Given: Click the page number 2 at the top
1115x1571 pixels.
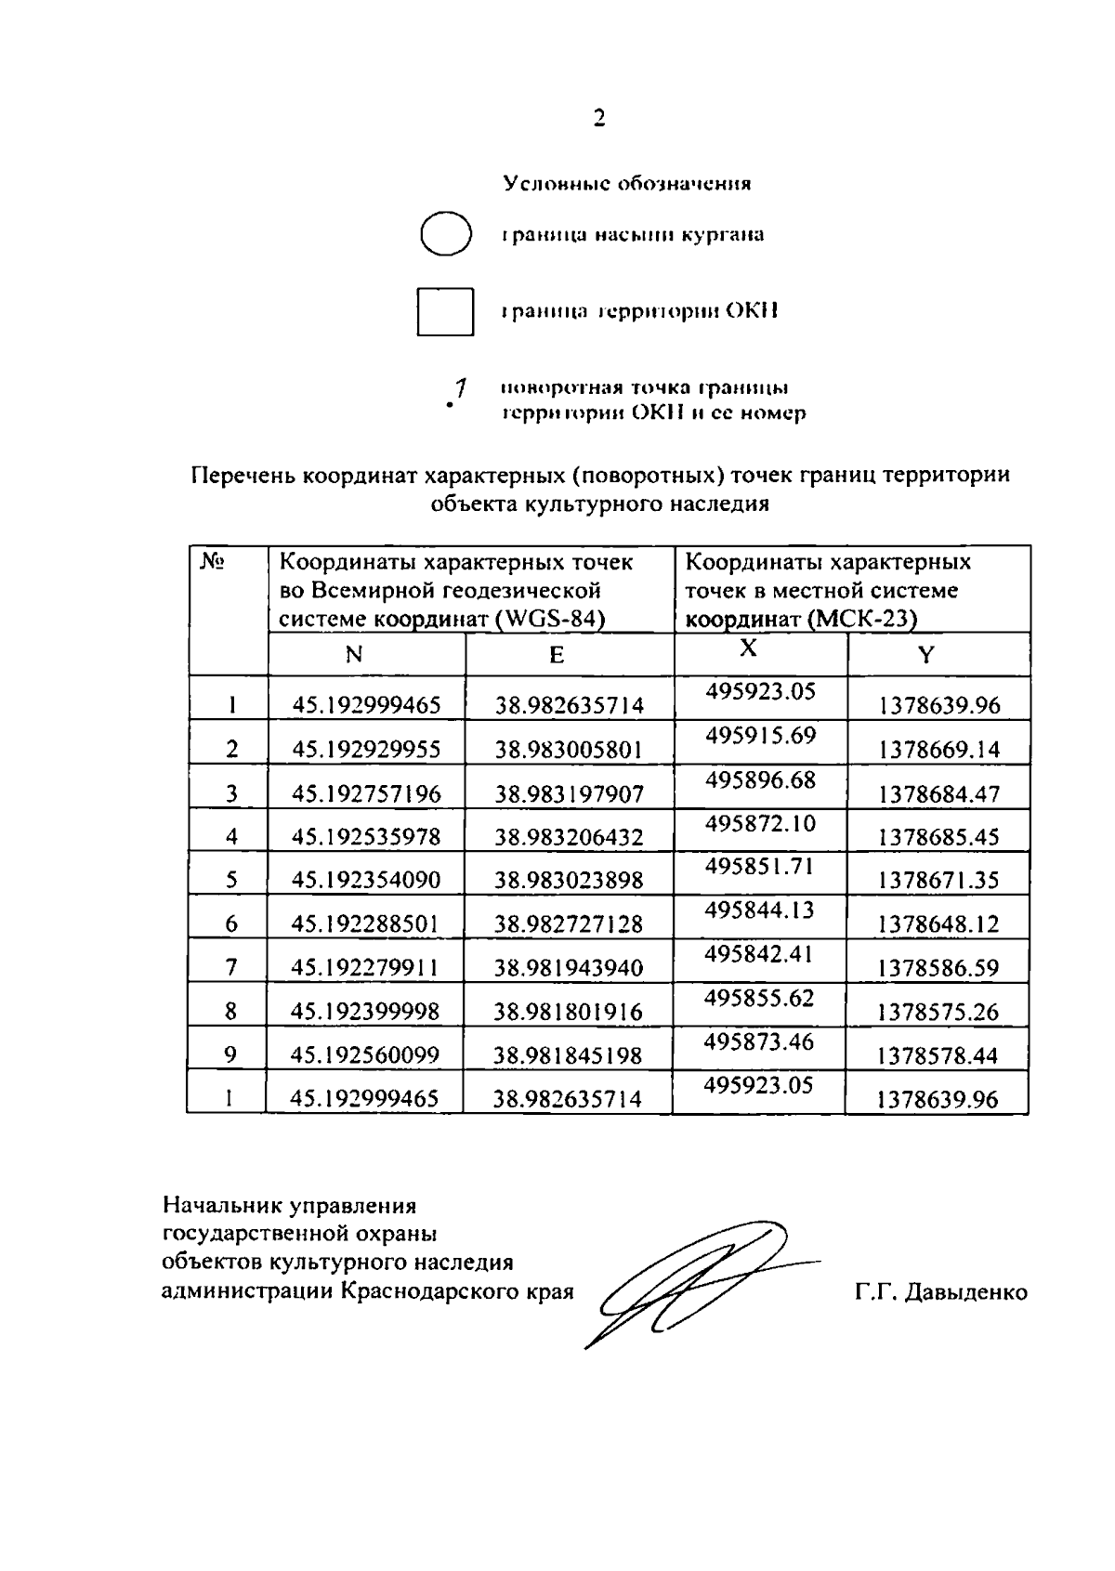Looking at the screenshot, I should point(598,118).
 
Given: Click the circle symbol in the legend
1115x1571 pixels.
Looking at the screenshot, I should point(445,233).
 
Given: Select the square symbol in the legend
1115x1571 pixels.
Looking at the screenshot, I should point(445,311).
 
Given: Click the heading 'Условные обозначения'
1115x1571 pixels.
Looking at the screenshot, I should point(627,183).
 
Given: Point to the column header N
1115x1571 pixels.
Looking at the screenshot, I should point(353,655).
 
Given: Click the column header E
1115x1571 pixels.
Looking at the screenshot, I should point(556,656).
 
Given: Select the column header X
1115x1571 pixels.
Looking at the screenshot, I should point(748,648).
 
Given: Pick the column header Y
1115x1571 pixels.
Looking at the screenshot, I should point(925,656).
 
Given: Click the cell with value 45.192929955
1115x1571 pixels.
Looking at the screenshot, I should point(366,750).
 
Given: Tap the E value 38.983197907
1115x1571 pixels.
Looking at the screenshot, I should point(569,793).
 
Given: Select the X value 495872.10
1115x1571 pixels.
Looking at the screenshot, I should point(760,823).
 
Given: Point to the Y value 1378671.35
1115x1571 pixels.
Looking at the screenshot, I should point(938,880).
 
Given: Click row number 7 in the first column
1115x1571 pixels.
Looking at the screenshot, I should point(231,968).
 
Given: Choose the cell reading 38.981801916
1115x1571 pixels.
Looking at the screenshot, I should point(568,1012).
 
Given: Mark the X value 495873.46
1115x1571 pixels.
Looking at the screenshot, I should point(759,1041).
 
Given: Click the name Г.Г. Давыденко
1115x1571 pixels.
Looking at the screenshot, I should point(940,1292).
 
